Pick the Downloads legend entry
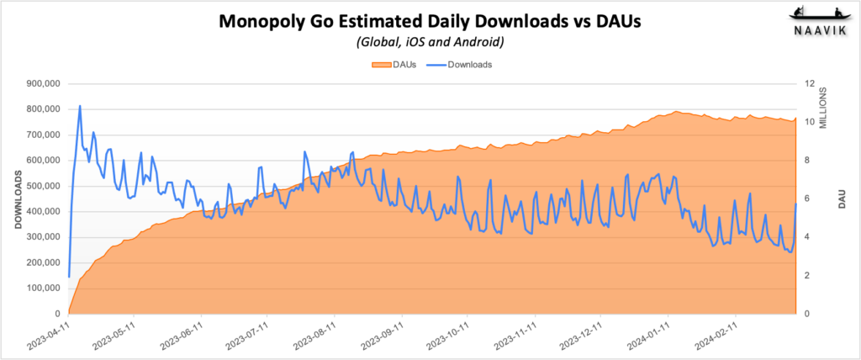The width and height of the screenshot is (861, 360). [464, 64]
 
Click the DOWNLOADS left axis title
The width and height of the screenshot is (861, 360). [18, 199]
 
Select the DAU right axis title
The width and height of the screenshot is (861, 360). [841, 199]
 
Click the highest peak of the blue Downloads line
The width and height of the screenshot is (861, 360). [80, 106]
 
